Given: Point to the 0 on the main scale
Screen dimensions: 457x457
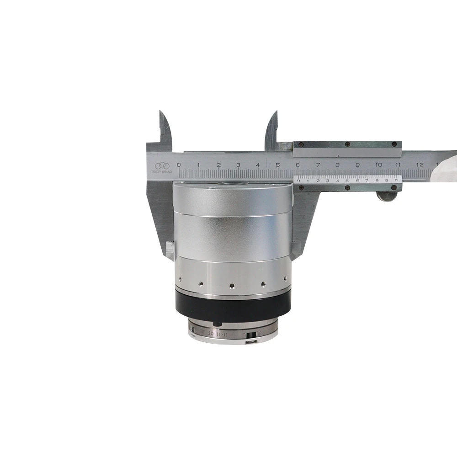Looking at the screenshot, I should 179,165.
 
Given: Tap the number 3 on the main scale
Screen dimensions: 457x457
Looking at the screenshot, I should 238,165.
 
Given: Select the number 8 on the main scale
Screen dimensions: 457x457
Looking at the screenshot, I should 337,165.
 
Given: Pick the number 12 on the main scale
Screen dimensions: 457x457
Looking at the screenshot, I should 420,165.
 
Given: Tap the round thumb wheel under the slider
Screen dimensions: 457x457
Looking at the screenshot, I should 387,196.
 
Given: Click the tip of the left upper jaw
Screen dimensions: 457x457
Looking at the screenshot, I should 161,112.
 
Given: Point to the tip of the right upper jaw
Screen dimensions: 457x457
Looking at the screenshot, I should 276,112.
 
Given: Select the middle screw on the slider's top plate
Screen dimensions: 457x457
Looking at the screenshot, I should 347,144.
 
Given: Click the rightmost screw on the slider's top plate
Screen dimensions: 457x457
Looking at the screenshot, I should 393,144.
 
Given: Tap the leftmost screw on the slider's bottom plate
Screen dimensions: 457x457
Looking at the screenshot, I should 301,187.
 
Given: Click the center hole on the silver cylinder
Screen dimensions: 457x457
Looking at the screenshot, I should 232,286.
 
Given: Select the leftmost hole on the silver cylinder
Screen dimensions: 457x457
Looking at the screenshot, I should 180,278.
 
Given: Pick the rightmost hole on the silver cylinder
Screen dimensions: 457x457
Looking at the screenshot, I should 285,278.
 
